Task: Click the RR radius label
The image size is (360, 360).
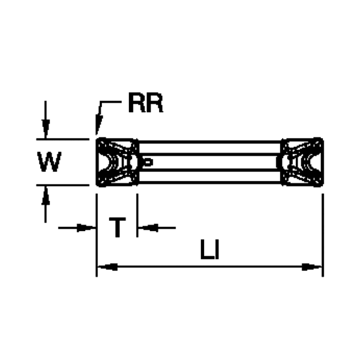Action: pyautogui.click(x=145, y=104)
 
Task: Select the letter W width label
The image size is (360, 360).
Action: pyautogui.click(x=49, y=162)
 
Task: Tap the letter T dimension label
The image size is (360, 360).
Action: pyautogui.click(x=118, y=228)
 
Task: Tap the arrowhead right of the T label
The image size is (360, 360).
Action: pyautogui.click(x=146, y=227)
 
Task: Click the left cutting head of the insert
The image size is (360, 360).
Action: pyautogui.click(x=118, y=162)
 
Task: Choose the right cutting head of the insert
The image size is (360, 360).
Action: pyautogui.click(x=302, y=162)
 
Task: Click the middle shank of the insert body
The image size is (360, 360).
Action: pyautogui.click(x=210, y=162)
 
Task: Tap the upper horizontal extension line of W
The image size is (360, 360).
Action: pyautogui.click(x=66, y=139)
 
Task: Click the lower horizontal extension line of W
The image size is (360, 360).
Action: pyautogui.click(x=66, y=185)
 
